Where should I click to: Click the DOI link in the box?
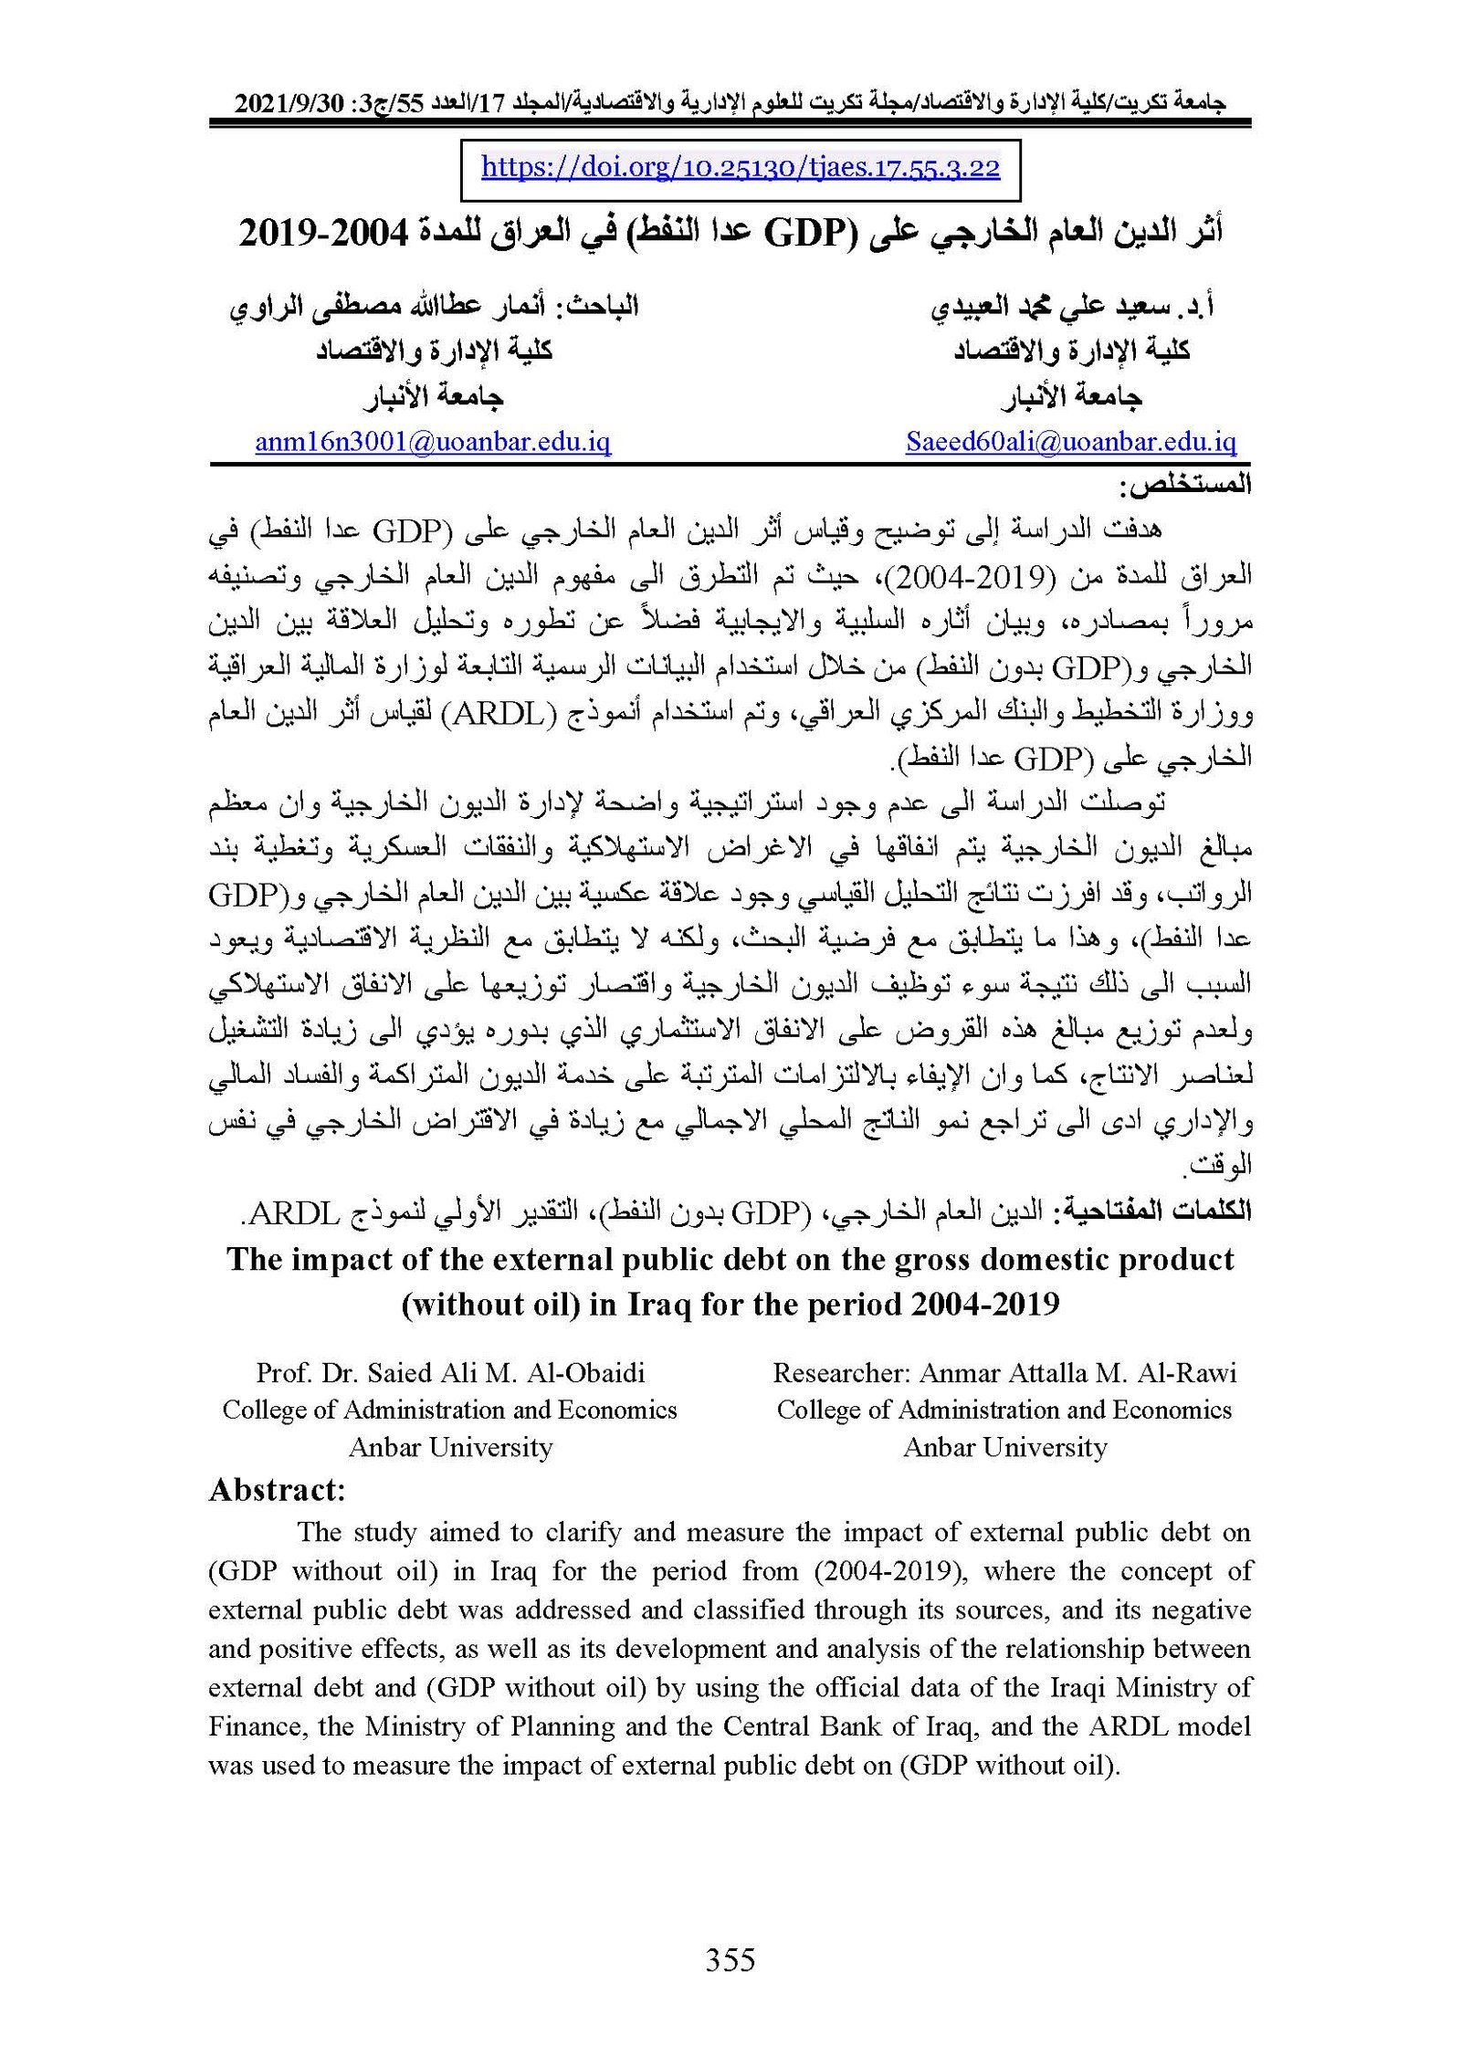(740, 167)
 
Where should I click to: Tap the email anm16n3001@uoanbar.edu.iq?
(433, 443)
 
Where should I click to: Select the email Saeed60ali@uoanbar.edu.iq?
(1070, 443)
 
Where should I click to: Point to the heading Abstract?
(277, 1491)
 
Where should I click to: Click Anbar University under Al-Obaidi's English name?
(451, 1448)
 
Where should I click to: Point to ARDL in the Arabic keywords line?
(289, 1212)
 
